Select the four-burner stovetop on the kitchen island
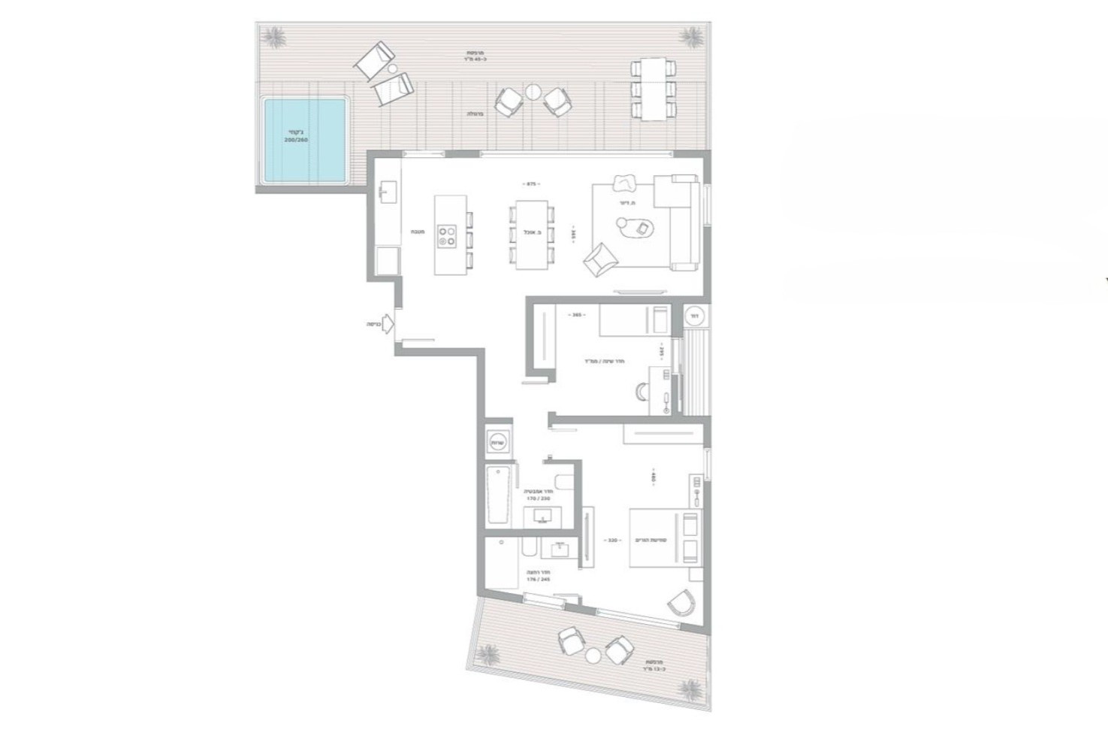pos(448,236)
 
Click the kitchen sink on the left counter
pos(388,192)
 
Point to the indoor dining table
pos(531,234)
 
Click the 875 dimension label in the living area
pos(532,183)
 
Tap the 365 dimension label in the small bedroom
pos(577,315)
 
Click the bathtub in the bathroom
pos(500,495)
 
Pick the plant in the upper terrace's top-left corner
pos(275,35)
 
